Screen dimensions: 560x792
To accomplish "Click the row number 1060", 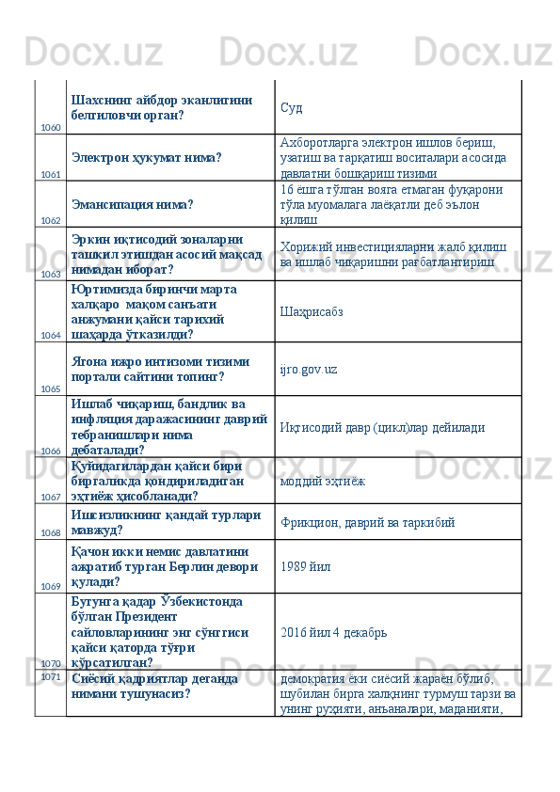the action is (51, 127).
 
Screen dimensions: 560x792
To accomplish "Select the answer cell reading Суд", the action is (291, 107).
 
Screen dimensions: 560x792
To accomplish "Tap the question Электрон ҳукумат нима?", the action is (146, 157).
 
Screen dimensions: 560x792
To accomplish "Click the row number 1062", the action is (51, 220).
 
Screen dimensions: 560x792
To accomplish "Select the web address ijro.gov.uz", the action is (309, 369).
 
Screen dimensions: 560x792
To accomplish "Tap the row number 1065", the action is (51, 388).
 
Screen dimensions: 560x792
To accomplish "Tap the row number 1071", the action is (51, 675).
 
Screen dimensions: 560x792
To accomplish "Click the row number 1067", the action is (51, 496).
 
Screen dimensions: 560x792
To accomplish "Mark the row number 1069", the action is (51, 586).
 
